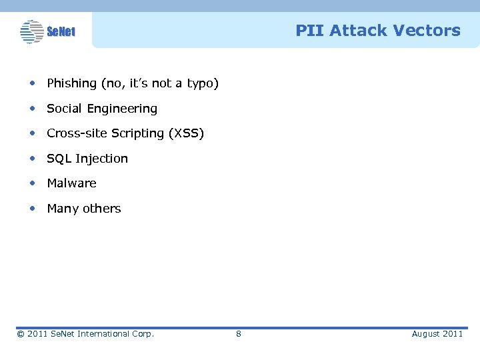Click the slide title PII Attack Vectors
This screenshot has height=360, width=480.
point(377,31)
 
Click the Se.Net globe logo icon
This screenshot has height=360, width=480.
point(31,31)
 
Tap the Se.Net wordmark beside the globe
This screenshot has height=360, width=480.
point(61,32)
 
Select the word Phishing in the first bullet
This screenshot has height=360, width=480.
point(71,83)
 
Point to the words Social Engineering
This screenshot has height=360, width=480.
point(102,109)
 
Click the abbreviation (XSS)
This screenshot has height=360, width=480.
point(187,133)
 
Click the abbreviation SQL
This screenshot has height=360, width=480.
point(59,159)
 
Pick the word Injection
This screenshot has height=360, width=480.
point(101,159)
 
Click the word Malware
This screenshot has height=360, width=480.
point(71,183)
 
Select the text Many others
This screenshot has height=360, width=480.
point(84,209)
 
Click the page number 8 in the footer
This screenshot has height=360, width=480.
point(239,334)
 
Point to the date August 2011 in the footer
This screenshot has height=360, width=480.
point(437,334)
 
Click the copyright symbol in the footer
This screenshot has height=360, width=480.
point(21,334)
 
